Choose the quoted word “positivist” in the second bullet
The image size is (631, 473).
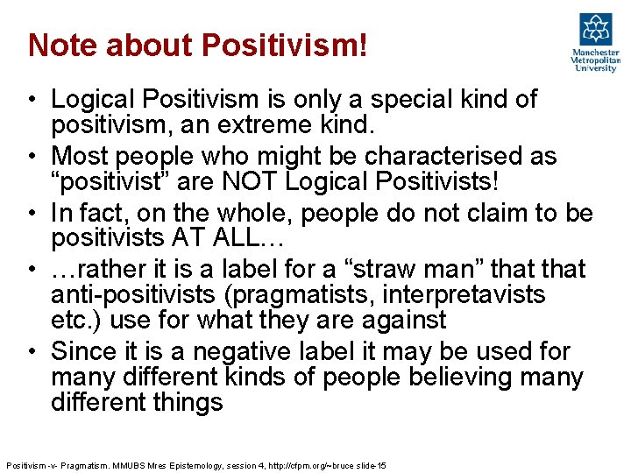[x=110, y=181]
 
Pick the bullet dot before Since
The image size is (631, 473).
[x=32, y=352]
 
